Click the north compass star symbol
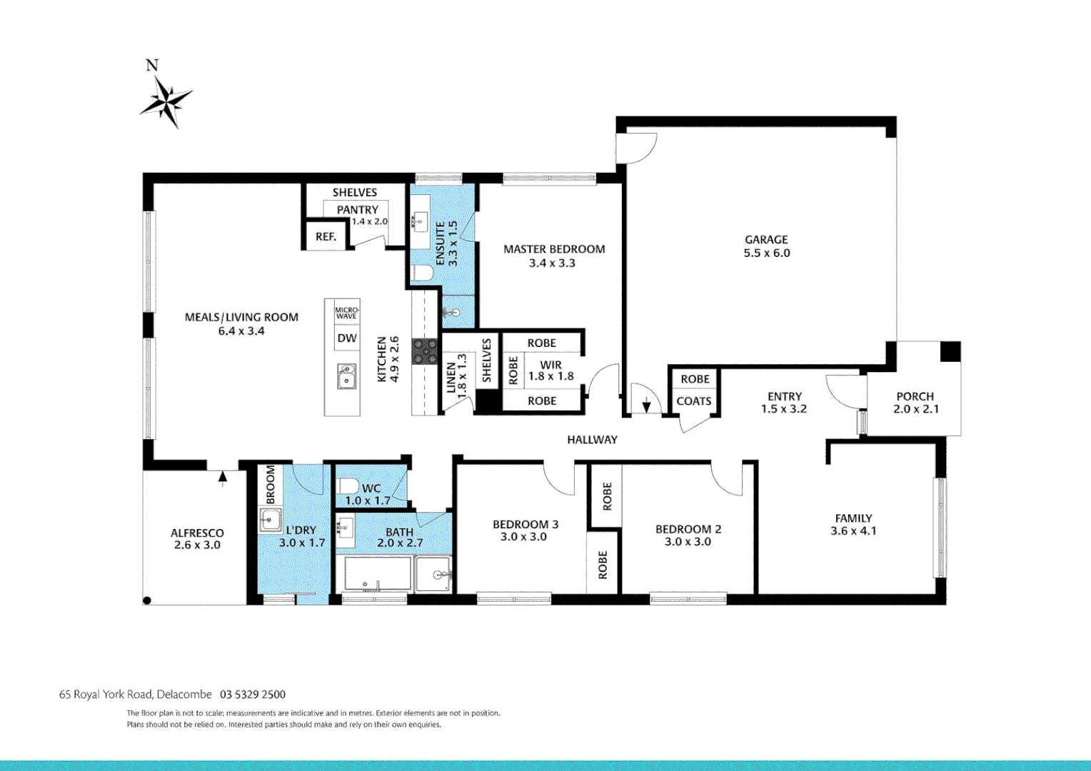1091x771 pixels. click(x=166, y=101)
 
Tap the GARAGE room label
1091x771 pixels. click(x=766, y=240)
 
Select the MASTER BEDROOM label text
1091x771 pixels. click(x=554, y=249)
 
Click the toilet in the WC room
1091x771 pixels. click(x=349, y=487)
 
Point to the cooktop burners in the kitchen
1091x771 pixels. click(x=425, y=351)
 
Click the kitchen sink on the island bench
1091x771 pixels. click(x=346, y=376)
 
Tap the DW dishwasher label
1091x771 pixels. click(x=347, y=338)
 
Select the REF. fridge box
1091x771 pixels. click(x=326, y=236)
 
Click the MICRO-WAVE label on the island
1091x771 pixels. click(x=347, y=313)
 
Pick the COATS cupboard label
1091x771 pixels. click(x=694, y=401)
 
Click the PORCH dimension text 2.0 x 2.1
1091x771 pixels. click(x=915, y=409)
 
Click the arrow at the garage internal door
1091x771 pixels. click(x=646, y=405)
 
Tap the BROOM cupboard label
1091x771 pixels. click(x=271, y=485)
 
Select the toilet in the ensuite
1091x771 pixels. click(x=423, y=273)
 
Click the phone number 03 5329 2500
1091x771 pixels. click(x=253, y=694)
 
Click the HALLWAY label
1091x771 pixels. click(x=592, y=440)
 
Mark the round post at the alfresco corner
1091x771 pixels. click(x=147, y=600)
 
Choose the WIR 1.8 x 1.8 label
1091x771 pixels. click(x=550, y=371)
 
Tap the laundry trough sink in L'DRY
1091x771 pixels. click(x=270, y=520)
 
